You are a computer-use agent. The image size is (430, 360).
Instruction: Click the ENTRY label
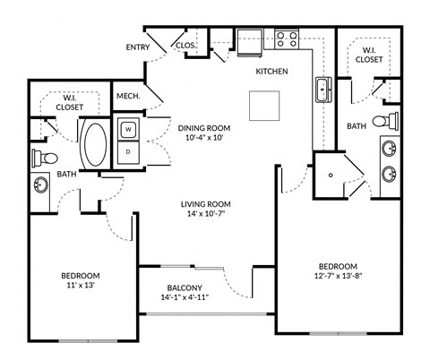pyautogui.click(x=137, y=47)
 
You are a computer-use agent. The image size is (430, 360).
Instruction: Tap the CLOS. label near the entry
pyautogui.click(x=185, y=44)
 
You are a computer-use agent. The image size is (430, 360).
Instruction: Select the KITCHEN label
pyautogui.click(x=271, y=71)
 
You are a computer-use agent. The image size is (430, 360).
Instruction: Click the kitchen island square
pyautogui.click(x=265, y=107)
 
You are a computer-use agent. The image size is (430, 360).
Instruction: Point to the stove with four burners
pyautogui.click(x=286, y=39)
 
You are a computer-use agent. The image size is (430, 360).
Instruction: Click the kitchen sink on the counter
pyautogui.click(x=322, y=90)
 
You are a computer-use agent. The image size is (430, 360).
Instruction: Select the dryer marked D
pyautogui.click(x=128, y=151)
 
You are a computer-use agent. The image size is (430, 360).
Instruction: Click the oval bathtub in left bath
pyautogui.click(x=93, y=144)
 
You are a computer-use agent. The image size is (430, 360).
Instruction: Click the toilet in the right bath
pyautogui.click(x=381, y=120)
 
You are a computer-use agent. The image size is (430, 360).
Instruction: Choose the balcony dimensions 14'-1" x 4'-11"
pyautogui.click(x=183, y=297)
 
